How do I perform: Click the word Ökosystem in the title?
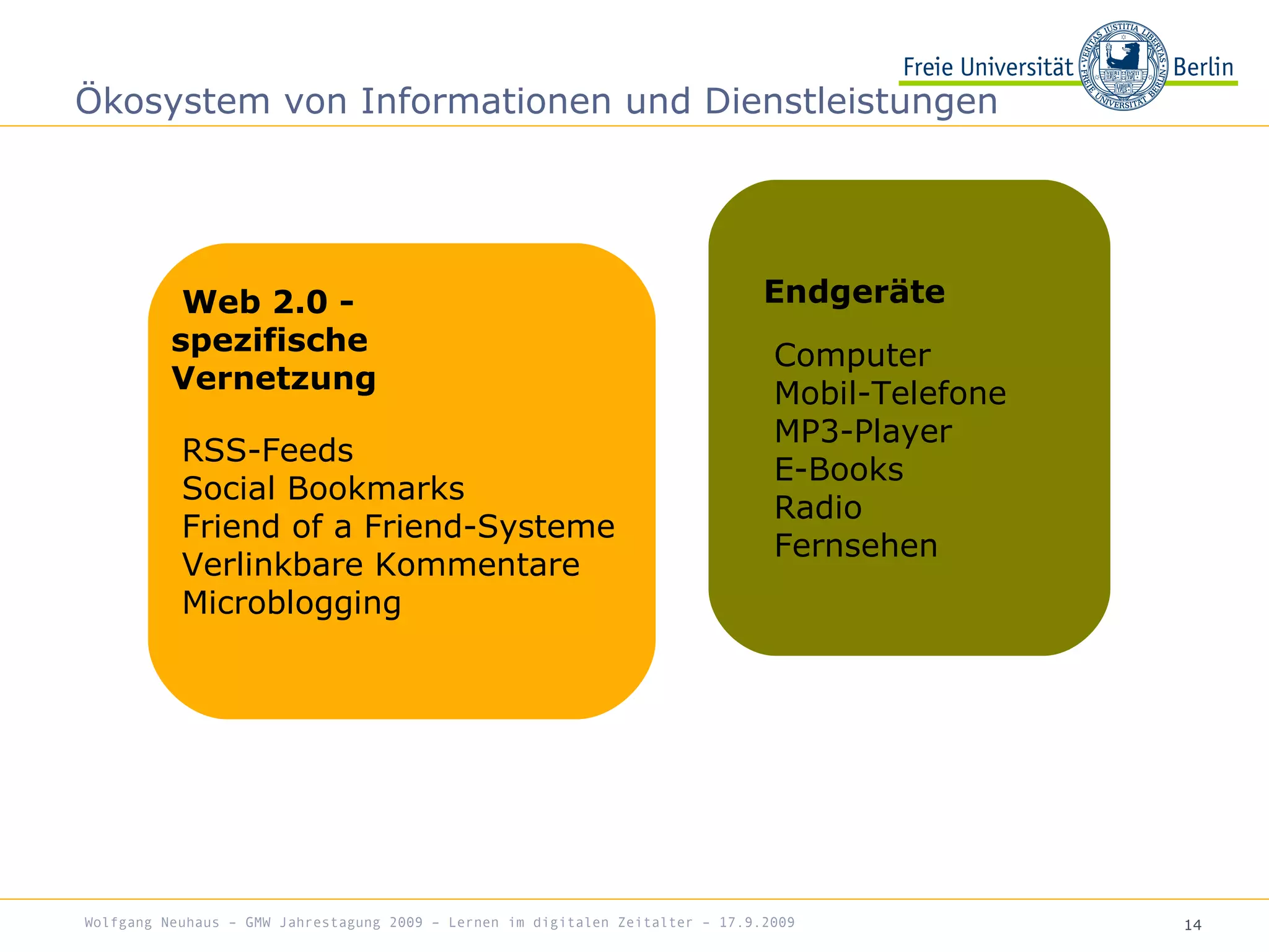(173, 101)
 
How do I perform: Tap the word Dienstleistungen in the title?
(851, 101)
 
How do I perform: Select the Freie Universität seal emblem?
(1123, 66)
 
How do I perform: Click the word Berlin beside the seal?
(1203, 67)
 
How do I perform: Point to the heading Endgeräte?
(854, 292)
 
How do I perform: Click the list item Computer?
(852, 355)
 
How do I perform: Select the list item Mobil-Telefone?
(890, 393)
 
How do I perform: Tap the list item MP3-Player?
(863, 431)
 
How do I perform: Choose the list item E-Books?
(838, 469)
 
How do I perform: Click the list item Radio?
(818, 508)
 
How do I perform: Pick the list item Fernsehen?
(856, 545)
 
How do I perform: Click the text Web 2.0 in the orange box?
(255, 302)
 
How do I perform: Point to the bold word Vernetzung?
(273, 378)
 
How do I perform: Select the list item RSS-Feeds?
(267, 450)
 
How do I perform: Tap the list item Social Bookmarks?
(323, 488)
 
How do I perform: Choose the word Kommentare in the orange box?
(477, 565)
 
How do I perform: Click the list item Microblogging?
(291, 603)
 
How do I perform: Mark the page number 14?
(1192, 925)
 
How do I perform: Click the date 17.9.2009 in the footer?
(757, 922)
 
